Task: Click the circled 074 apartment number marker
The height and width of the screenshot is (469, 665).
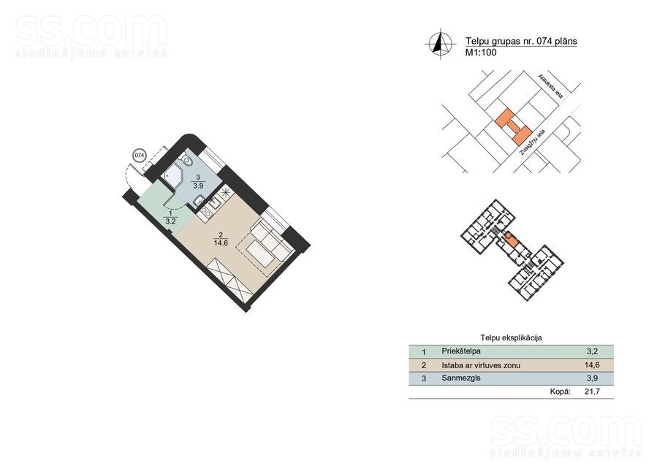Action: [x=139, y=156]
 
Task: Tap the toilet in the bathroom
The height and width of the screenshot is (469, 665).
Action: [x=186, y=160]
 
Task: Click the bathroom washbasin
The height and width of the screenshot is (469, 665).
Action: [x=198, y=201]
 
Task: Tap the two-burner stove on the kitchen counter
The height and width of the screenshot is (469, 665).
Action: [x=205, y=212]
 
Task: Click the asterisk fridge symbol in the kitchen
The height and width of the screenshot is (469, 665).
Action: [x=226, y=192]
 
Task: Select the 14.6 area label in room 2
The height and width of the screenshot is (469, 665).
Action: [x=221, y=243]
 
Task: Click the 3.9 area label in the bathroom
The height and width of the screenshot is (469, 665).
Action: [x=198, y=186]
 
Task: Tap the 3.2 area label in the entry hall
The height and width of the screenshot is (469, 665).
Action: [x=170, y=221]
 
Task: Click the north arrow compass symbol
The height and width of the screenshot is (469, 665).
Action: [x=440, y=43]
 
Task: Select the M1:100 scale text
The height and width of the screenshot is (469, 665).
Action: [x=481, y=53]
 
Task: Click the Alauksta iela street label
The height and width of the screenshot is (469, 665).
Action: [x=550, y=86]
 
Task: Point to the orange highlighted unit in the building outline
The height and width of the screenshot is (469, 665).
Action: [x=510, y=240]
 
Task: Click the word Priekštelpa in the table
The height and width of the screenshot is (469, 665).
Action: [x=461, y=351]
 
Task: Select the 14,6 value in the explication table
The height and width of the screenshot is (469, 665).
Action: [x=592, y=365]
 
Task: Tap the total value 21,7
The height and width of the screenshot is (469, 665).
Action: [x=592, y=392]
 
